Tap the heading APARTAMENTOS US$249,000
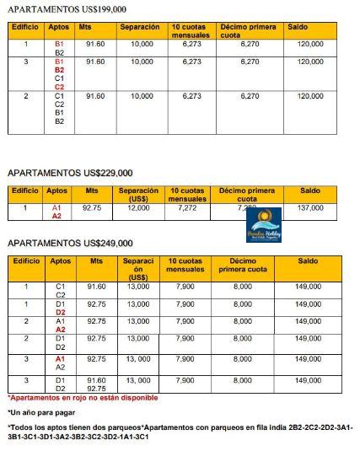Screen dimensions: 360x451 coord(67,244)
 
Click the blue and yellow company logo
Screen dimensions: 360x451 coord(262,223)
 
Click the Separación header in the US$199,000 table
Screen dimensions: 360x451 coord(140,27)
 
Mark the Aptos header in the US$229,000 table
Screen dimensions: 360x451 coord(57,191)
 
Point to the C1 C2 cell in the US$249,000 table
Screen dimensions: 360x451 coord(61,291)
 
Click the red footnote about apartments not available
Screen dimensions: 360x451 coord(83,397)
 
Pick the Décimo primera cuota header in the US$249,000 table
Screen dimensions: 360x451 coord(242,266)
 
